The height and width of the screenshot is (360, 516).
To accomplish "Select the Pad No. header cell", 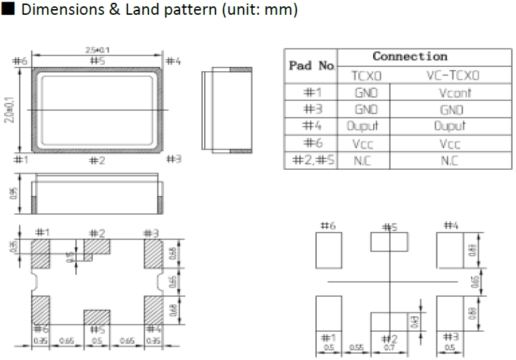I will [310, 66].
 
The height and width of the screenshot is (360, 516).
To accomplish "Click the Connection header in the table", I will [410, 56].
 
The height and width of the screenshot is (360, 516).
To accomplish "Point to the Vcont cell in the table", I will [453, 92].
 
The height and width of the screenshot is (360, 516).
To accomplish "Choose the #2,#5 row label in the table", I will [310, 161].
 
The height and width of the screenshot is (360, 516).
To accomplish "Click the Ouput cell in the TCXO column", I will [363, 126].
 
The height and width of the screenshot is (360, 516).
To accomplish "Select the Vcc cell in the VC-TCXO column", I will [451, 144].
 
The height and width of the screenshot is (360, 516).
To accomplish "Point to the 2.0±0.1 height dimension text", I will [8, 110].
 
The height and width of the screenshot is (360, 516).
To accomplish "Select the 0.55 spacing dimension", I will [356, 347].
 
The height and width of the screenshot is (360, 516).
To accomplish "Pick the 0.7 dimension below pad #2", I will [389, 347].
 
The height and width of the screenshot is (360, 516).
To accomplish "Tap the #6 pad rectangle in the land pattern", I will [329, 251].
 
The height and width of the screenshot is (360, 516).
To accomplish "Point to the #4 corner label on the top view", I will [173, 61].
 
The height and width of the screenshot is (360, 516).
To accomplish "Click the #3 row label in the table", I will [310, 109].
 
